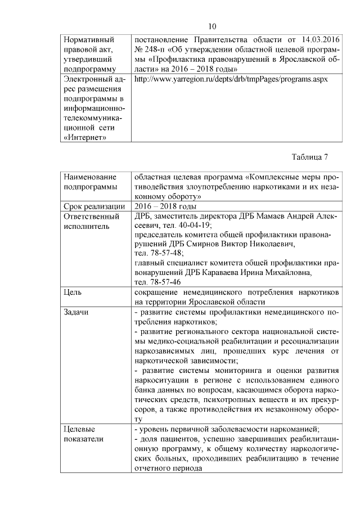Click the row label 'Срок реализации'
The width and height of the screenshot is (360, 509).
[x=94, y=206]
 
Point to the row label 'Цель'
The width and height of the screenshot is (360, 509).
[x=74, y=292]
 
